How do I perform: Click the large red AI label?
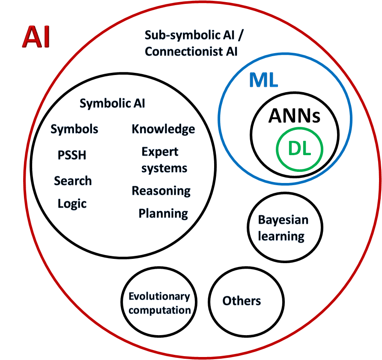[36, 37]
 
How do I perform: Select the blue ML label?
[264, 80]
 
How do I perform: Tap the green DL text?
[299, 148]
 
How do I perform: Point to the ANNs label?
[295, 116]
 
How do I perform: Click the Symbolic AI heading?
[113, 103]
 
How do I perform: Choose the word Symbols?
[75, 129]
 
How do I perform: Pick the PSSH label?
[72, 155]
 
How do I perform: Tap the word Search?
[73, 181]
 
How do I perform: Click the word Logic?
[72, 204]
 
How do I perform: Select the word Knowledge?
[163, 129]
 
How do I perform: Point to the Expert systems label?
[164, 160]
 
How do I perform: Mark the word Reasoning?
[161, 191]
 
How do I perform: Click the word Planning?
[163, 213]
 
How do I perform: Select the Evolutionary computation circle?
[159, 303]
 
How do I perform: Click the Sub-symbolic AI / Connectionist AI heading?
[191, 43]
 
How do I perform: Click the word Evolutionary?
[159, 297]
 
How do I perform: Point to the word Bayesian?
[283, 220]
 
